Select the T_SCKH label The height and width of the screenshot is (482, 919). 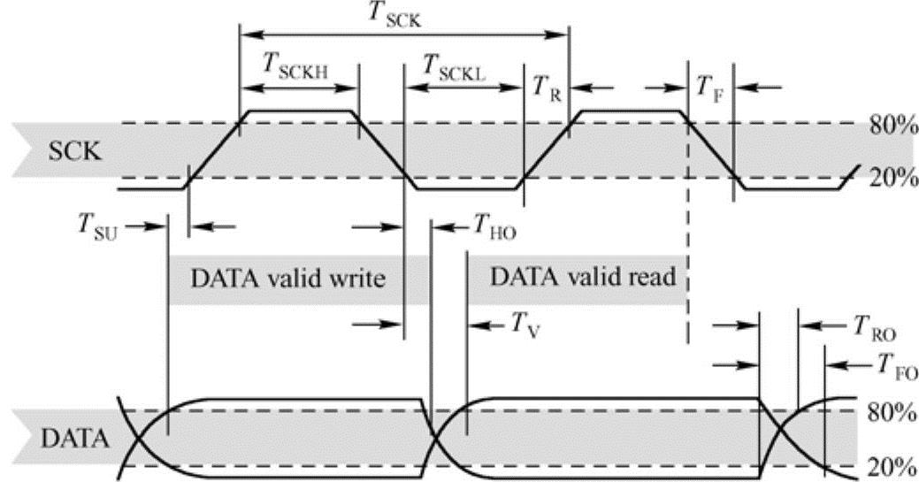(297, 66)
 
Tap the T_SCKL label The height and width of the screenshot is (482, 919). (455, 66)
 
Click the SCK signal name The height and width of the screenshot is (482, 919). (75, 151)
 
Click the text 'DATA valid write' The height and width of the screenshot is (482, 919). (288, 279)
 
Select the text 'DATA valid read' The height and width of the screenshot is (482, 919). (582, 277)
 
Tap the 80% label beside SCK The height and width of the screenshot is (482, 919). (892, 125)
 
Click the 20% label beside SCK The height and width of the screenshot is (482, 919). (892, 179)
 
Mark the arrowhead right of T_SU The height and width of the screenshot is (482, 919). (198, 226)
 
